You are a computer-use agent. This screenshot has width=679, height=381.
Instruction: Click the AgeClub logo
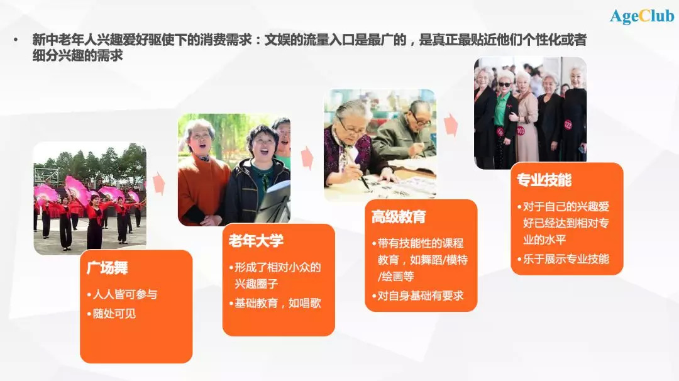pos(642,16)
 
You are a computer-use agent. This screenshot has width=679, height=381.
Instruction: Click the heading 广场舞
pos(107,268)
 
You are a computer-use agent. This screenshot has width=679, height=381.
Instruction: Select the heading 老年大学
pos(256,241)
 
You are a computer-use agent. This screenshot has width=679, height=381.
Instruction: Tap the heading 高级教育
pos(399,216)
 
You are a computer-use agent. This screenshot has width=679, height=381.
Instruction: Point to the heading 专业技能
pos(544,180)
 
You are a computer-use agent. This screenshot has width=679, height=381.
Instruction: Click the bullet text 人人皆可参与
pos(125,294)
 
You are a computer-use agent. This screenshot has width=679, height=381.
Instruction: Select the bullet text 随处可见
pos(114,314)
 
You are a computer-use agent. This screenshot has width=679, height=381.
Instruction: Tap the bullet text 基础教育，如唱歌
pos(278,303)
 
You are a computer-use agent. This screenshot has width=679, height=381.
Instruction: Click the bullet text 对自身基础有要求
pos(421,295)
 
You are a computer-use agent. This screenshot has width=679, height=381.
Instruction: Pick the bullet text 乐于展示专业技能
pos(566,259)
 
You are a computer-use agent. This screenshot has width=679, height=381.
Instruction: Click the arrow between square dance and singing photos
pos(159,183)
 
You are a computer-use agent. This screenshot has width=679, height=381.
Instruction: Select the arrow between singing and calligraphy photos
pos(307,158)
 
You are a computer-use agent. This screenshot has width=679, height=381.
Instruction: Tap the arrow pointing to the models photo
pos(451,125)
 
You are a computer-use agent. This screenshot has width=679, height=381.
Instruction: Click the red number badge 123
pos(568,124)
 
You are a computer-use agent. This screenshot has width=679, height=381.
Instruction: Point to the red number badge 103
pos(520,130)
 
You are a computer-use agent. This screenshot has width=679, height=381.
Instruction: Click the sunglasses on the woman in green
pos(504,84)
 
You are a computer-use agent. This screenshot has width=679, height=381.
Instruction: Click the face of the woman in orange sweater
pos(200,142)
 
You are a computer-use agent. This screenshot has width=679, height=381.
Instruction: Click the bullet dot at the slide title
pos(16,40)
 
